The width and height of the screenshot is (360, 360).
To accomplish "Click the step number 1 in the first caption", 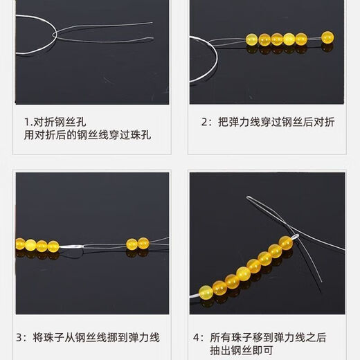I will tap(26, 120).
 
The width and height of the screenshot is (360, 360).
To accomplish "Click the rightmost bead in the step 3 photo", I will tap(143, 243).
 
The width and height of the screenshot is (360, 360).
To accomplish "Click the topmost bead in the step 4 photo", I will tap(285, 242).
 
